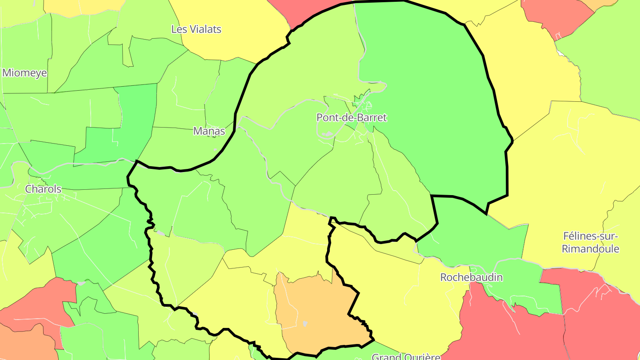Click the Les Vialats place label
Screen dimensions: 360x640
click(x=196, y=29)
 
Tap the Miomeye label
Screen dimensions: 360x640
click(x=24, y=73)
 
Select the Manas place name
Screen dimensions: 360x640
click(x=209, y=131)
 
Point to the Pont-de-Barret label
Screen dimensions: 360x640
click(x=351, y=118)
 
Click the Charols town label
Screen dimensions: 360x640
click(x=43, y=189)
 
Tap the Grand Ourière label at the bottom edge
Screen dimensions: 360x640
click(x=405, y=356)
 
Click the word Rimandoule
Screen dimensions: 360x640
click(x=590, y=248)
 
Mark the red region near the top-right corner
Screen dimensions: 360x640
click(x=556, y=16)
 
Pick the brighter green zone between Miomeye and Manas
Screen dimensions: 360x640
click(x=133, y=120)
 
